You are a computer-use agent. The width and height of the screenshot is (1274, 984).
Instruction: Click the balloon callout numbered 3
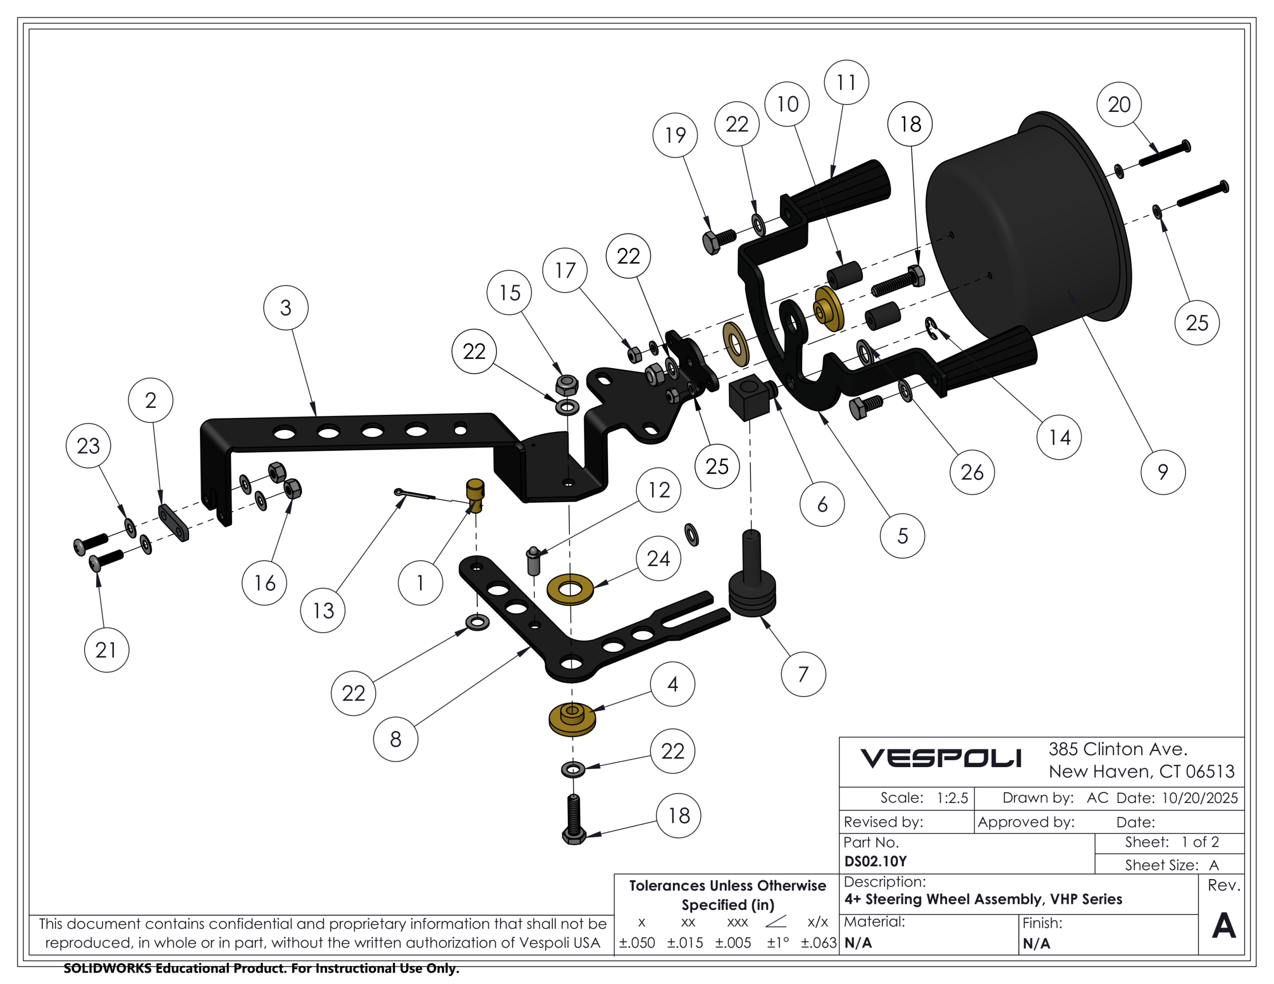click(286, 307)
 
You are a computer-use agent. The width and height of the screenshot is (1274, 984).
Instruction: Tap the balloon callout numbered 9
click(1163, 472)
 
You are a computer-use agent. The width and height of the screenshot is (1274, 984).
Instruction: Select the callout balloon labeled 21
click(106, 650)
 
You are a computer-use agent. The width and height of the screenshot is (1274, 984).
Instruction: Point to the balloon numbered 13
click(322, 611)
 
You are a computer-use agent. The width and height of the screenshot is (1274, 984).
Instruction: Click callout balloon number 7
click(803, 674)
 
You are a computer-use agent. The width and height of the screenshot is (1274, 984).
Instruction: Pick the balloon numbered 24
click(658, 559)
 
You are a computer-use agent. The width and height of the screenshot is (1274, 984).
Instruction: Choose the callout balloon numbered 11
click(847, 82)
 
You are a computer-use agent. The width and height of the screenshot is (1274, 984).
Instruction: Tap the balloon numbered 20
click(1119, 104)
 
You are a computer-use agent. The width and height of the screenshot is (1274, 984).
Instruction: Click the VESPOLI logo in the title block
click(941, 758)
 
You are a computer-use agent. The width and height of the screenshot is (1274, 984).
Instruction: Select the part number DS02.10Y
click(875, 862)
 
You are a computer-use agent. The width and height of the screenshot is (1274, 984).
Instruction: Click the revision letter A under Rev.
click(1223, 925)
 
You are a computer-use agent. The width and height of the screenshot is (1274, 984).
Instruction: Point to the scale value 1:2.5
click(952, 798)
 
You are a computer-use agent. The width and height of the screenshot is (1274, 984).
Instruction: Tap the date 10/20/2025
click(1199, 798)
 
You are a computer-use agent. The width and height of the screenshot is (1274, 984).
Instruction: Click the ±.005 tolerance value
click(733, 943)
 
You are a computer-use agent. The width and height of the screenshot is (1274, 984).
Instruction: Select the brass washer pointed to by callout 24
click(570, 589)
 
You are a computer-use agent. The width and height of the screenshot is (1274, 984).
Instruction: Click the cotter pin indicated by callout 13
click(414, 496)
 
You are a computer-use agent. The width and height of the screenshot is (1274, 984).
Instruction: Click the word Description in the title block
click(884, 882)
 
